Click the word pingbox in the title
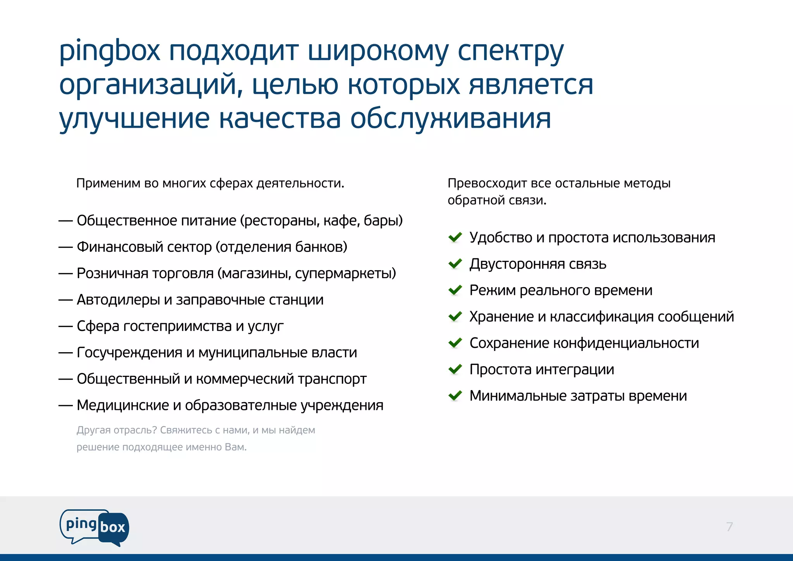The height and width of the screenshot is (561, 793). [x=110, y=52]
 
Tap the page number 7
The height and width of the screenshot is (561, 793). [x=729, y=527]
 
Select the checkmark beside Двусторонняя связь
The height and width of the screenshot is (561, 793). [x=455, y=264]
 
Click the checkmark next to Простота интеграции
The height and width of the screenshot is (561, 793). [x=455, y=369]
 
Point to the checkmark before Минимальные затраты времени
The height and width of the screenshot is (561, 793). [x=455, y=396]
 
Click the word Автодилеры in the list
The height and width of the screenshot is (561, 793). [x=118, y=300]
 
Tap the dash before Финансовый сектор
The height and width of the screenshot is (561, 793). [x=65, y=247]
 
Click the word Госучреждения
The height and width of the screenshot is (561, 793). [x=129, y=353]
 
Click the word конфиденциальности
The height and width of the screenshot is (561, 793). [x=626, y=343]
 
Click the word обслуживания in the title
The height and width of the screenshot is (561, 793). [x=450, y=119]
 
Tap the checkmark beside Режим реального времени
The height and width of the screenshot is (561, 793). [x=455, y=290]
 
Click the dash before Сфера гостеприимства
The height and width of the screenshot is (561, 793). [x=65, y=326]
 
